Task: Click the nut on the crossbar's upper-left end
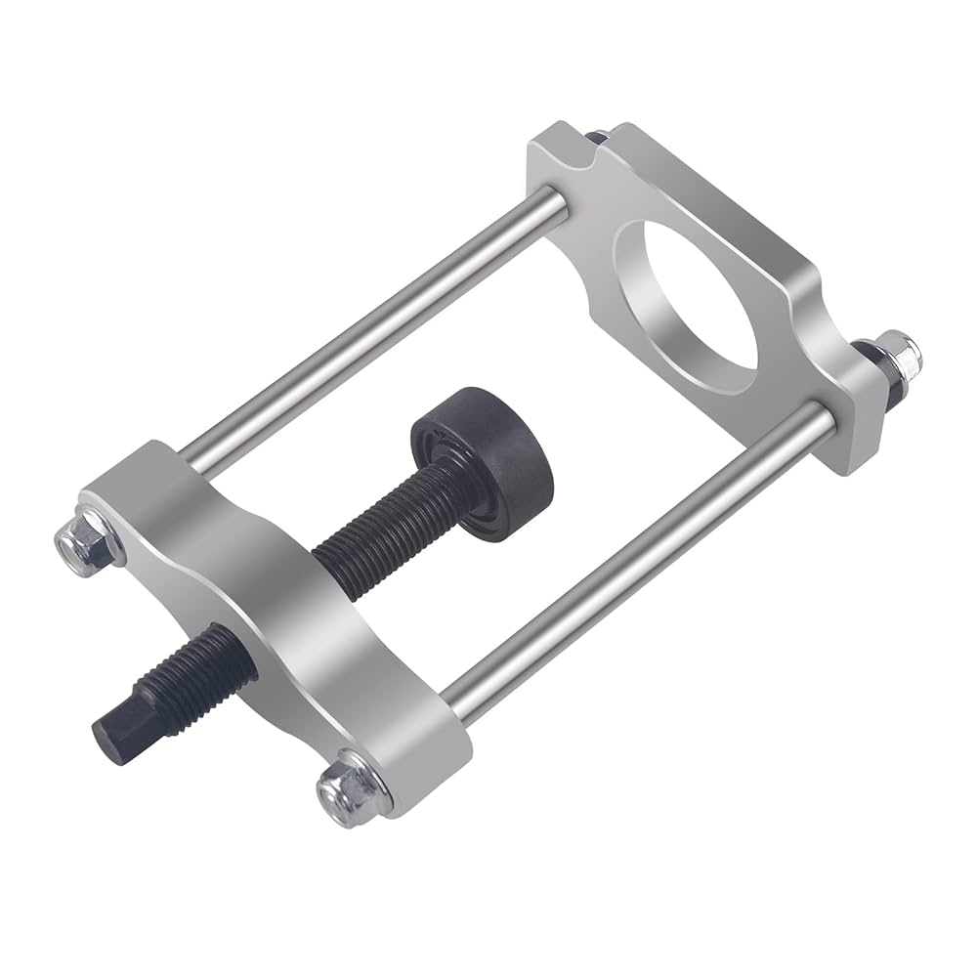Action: pyautogui.click(x=81, y=539)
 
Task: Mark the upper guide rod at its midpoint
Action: pyautogui.click(x=371, y=332)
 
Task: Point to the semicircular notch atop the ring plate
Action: pyautogui.click(x=586, y=147)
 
